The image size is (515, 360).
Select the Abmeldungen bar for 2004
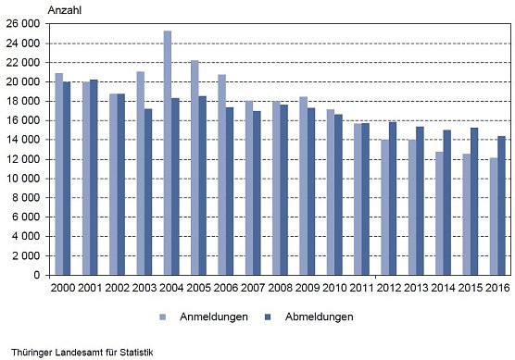coord(175,186)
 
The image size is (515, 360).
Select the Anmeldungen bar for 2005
coord(195,168)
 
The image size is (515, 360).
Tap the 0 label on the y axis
coord(36,275)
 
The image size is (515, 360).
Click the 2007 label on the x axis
coord(254,290)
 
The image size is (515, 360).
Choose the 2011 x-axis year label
coord(361,290)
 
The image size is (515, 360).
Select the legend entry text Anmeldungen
coord(215,317)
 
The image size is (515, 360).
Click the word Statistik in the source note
coord(132,352)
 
